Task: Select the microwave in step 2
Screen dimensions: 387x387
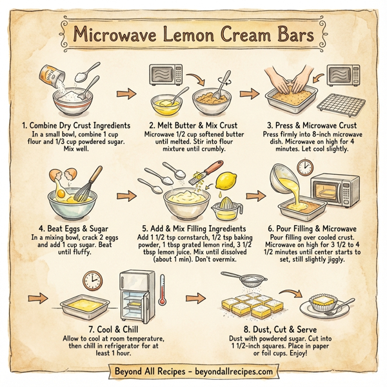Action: (168, 75)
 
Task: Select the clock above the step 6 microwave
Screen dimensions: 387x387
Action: (304, 166)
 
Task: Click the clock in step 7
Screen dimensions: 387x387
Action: (93, 280)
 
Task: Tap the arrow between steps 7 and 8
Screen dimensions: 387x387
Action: (193, 298)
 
